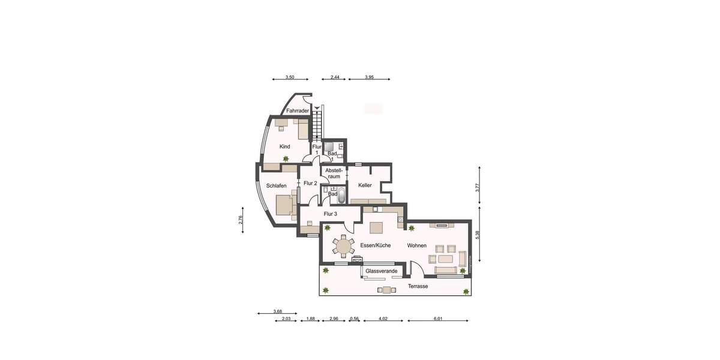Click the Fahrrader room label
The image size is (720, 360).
[x=297, y=111]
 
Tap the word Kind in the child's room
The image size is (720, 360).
[x=285, y=147]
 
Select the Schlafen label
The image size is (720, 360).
[x=272, y=186]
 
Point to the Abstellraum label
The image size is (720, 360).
[x=333, y=173]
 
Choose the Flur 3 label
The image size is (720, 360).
[x=331, y=214]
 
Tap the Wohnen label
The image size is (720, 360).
[x=417, y=246]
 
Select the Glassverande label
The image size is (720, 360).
[x=381, y=272]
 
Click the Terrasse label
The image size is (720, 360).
[x=418, y=287]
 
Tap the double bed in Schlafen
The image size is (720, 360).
[x=286, y=205]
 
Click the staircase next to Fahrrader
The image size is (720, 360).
[x=317, y=124]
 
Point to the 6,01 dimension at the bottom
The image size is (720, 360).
[x=438, y=319]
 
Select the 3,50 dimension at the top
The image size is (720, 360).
[x=290, y=77]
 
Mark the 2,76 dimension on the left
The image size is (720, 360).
[x=241, y=220]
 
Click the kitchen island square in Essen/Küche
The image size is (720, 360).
[x=376, y=228]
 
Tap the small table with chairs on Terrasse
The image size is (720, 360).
[x=386, y=290]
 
